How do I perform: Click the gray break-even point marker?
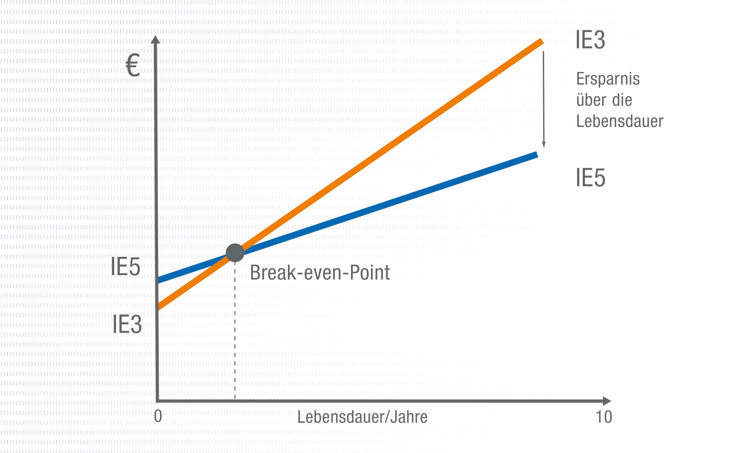[235, 253]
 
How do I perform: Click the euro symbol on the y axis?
[133, 65]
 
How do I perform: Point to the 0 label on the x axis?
[158, 416]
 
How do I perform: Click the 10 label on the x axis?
[604, 417]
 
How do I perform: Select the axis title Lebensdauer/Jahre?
[362, 417]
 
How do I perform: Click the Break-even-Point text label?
[320, 273]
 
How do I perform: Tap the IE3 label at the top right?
[590, 40]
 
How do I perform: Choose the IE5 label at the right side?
[590, 178]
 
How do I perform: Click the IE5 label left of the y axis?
[125, 267]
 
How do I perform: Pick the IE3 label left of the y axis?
[127, 324]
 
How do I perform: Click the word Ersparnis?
[608, 79]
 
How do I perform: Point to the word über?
[592, 100]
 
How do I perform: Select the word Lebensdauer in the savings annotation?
[620, 121]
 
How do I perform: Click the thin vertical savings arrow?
[543, 97]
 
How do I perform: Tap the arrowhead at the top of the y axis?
[155, 40]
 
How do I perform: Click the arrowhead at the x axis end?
[607, 401]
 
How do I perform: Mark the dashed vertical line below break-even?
[235, 331]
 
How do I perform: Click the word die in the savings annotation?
[622, 100]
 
